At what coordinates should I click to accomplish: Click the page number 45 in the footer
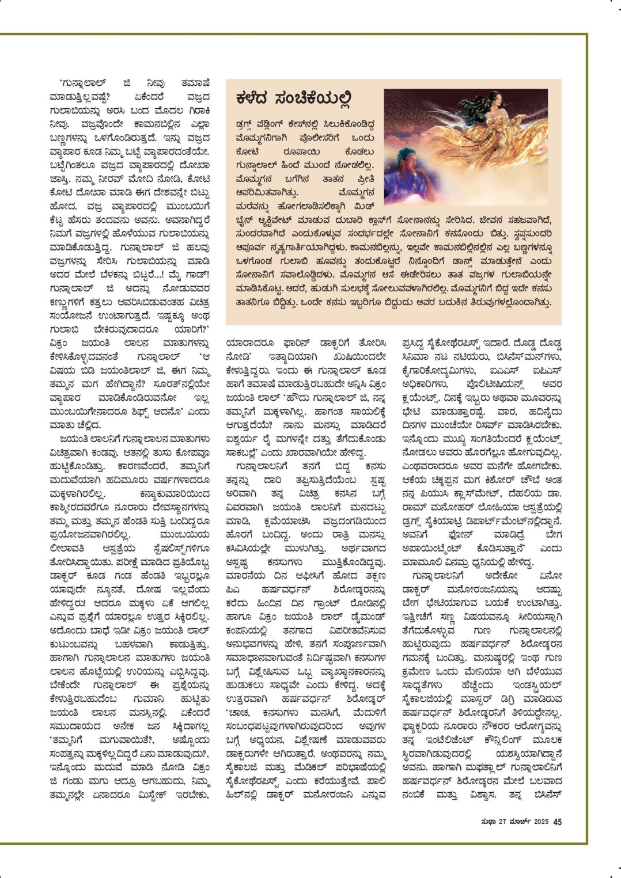coord(557,822)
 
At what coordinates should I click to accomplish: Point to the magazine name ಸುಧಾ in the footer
coord(489,822)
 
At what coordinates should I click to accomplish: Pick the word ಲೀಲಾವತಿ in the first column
coord(67,548)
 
